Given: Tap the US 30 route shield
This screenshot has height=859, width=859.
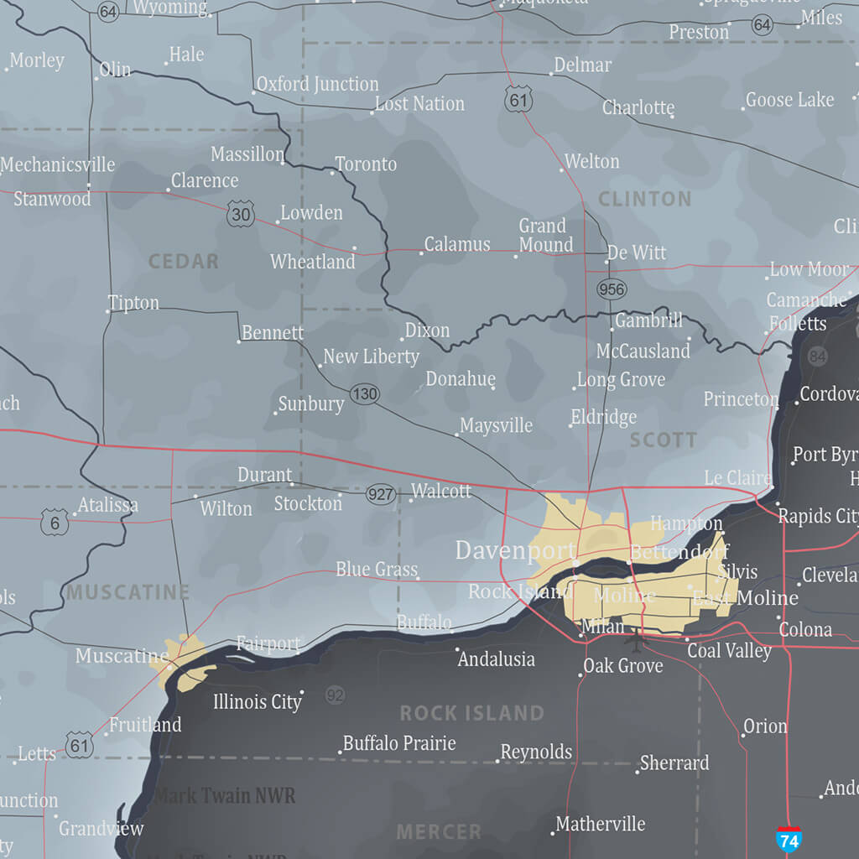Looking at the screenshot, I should (x=241, y=215).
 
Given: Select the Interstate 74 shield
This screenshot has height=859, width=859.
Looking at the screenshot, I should (x=789, y=840).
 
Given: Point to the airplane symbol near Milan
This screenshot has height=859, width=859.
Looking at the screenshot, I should (x=637, y=642).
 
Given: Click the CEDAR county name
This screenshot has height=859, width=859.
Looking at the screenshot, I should (x=184, y=261).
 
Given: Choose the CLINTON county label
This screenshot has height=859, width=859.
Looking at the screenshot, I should (x=644, y=199).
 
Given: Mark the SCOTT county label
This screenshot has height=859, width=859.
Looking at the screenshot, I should (x=663, y=440).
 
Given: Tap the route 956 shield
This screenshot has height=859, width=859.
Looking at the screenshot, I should (x=612, y=289).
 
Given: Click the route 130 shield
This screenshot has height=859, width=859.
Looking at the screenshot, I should (x=364, y=393).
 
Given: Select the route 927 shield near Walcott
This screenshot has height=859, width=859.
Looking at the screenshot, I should (x=381, y=494).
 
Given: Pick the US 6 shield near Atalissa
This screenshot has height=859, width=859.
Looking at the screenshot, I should (x=55, y=523).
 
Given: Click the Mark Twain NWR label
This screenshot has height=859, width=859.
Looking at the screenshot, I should (x=225, y=795).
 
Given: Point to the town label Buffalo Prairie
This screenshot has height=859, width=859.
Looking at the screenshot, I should (x=399, y=743).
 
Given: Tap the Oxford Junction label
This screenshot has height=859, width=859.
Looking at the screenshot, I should (x=317, y=84).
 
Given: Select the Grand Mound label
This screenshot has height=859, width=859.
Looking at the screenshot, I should (x=545, y=235).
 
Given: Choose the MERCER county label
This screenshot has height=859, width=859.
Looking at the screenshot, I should (x=439, y=831).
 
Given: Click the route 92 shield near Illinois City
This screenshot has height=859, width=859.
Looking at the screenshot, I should (x=335, y=695).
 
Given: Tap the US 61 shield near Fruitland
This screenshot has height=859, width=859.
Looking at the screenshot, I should (x=80, y=744).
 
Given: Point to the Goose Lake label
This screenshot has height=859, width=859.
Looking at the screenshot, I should (x=789, y=100).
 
